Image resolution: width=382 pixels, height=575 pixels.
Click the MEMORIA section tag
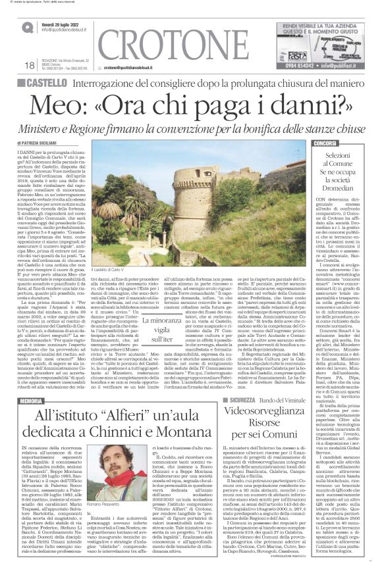click(32, 382)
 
